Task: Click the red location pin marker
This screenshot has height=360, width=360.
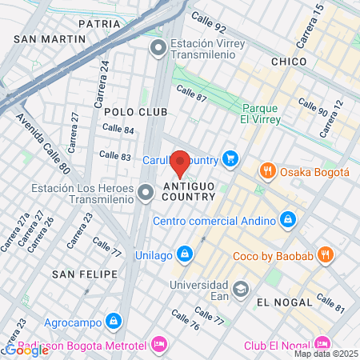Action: tap(180, 162)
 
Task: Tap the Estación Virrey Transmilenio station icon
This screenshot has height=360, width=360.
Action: tap(158, 49)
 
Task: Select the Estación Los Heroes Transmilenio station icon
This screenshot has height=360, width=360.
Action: tap(146, 192)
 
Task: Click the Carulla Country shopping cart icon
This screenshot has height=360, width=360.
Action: tap(231, 158)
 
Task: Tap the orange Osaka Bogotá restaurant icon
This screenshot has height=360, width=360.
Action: tap(267, 170)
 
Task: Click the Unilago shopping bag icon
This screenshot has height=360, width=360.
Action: tap(185, 253)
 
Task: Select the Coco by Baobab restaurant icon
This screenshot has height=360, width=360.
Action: tap(325, 254)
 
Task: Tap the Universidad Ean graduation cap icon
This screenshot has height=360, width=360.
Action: tap(239, 287)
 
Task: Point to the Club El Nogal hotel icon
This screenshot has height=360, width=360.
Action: tap(322, 345)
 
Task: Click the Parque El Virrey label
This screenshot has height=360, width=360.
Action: tap(259, 114)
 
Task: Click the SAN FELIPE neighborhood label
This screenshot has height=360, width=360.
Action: tap(79, 274)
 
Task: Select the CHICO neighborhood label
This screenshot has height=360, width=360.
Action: tap(289, 61)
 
